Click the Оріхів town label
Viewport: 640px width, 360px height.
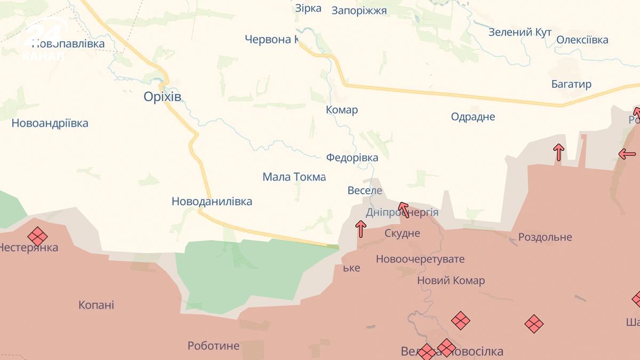[x=163, y=97]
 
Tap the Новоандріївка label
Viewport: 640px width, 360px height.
[x=50, y=123]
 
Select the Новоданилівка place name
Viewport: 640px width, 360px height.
[x=212, y=202]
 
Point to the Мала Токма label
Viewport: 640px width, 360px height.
[x=294, y=177]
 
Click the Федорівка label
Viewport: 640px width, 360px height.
[x=352, y=157]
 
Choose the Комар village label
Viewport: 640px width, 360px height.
[x=342, y=110]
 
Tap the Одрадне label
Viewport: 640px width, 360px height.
[x=473, y=117]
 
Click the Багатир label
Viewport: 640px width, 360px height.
[x=571, y=84]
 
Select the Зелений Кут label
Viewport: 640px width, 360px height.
[x=520, y=33]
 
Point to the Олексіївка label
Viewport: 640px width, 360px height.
[x=582, y=40]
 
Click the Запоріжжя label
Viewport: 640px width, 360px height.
[x=359, y=10]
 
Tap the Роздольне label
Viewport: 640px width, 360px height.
[x=545, y=237]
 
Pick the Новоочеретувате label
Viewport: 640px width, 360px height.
[x=420, y=259]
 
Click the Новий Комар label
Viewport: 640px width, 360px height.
[x=451, y=281]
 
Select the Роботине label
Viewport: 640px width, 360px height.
[x=213, y=346]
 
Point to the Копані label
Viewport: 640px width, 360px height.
[x=96, y=305]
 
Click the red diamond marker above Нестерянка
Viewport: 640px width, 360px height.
[x=37, y=236]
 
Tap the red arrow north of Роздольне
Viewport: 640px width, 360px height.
[x=558, y=152]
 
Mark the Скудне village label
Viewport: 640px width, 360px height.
[x=402, y=233]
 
